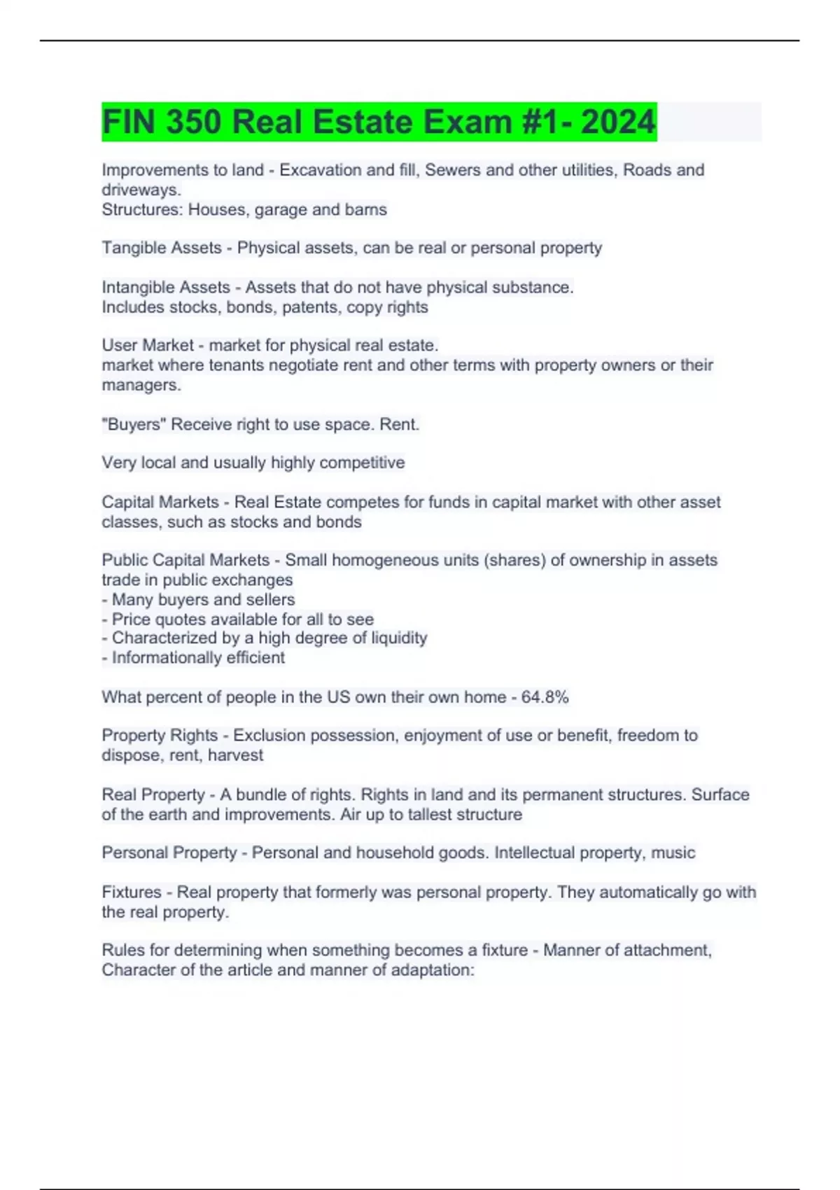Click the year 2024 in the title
618,122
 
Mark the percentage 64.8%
545,697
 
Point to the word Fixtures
132,892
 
